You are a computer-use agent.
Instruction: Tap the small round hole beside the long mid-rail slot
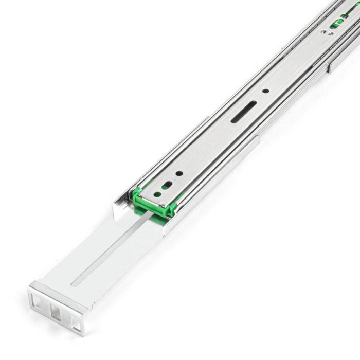click(265, 92)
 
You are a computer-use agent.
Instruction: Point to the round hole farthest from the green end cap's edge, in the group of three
click(178, 174)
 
